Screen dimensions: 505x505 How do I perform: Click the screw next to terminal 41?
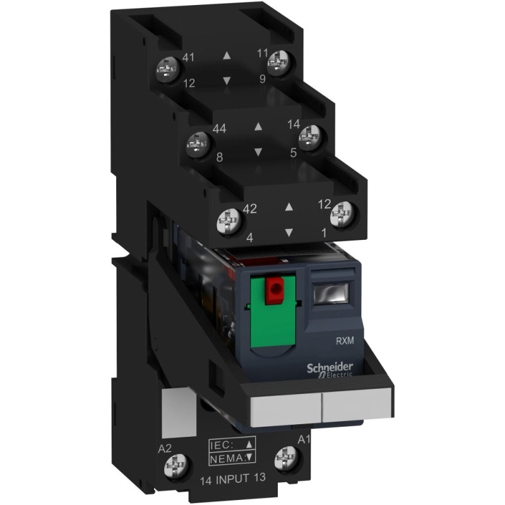click(168, 69)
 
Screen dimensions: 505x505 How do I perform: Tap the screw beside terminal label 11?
click(280, 62)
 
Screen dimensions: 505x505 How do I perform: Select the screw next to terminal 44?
click(199, 145)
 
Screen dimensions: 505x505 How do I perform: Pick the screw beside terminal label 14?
click(311, 138)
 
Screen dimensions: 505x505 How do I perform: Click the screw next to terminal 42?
click(229, 222)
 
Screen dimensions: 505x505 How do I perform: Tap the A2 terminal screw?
click(176, 466)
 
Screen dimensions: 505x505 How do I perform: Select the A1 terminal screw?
click(287, 458)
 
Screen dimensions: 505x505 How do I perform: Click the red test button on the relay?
click(275, 290)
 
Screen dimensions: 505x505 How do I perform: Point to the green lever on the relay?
click(273, 310)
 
